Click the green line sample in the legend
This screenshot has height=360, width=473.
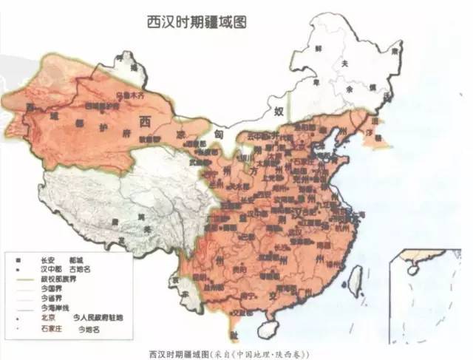(x=24, y=279)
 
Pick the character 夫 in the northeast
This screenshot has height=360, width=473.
(x=344, y=64)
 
